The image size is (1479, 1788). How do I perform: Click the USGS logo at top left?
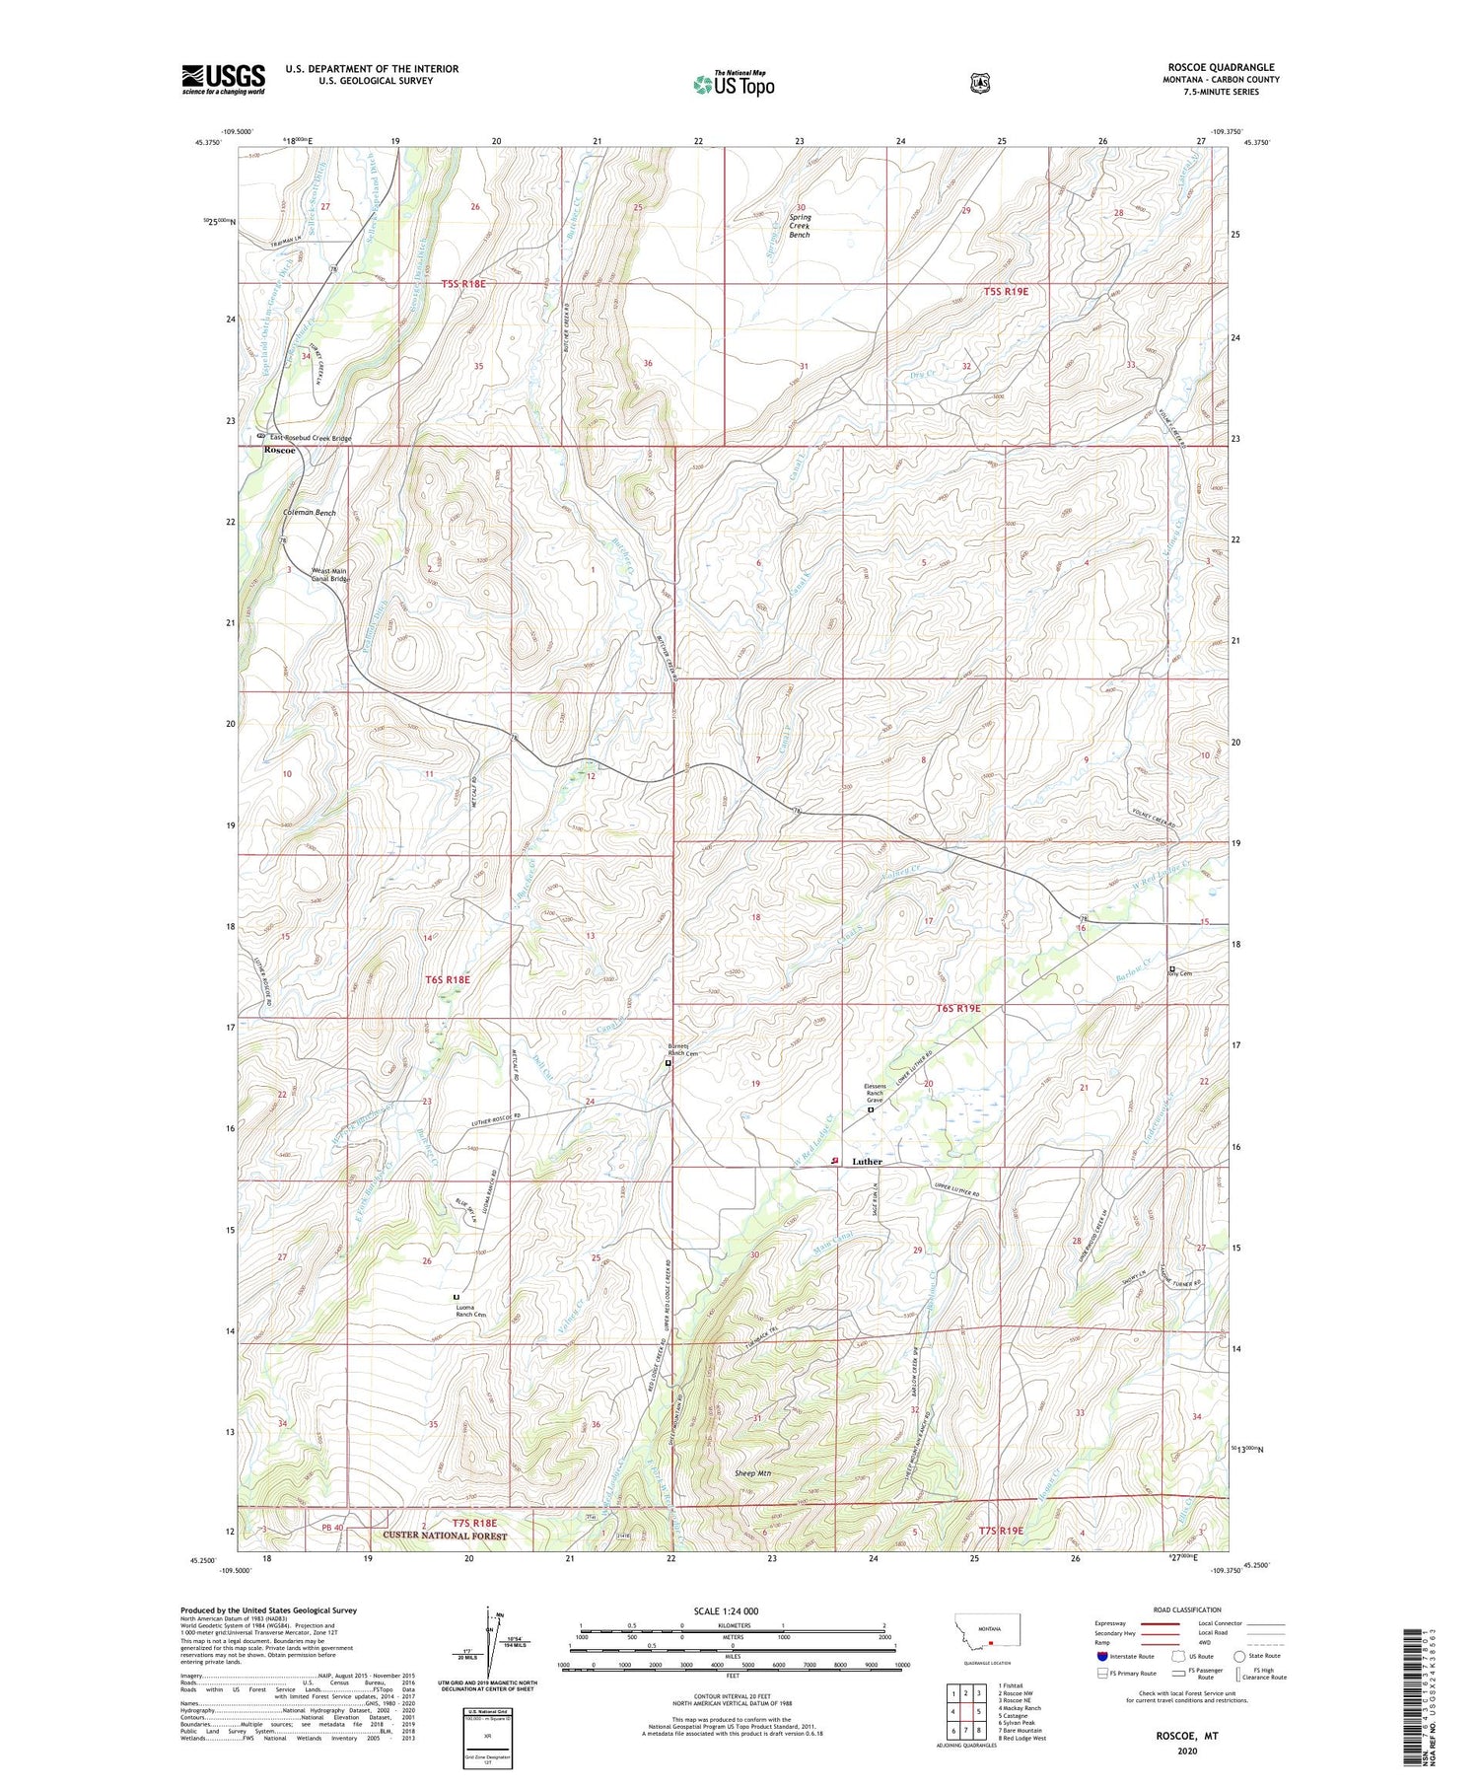click(x=223, y=79)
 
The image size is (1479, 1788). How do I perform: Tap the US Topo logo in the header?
click(x=734, y=84)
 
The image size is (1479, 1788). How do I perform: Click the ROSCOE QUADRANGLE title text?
click(x=1220, y=67)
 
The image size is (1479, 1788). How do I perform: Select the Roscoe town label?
click(x=279, y=450)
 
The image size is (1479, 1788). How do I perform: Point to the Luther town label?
click(x=867, y=1162)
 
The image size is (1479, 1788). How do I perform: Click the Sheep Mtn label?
click(x=753, y=1473)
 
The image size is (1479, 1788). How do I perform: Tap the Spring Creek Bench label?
click(x=800, y=226)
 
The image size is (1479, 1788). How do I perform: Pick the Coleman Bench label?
click(x=310, y=513)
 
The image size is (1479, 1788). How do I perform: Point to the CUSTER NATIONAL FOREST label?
click(x=439, y=1537)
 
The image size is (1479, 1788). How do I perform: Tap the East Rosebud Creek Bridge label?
click(x=311, y=438)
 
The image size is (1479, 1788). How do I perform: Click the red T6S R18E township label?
click(x=448, y=979)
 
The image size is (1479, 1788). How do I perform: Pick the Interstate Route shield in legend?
click(x=1103, y=1656)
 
